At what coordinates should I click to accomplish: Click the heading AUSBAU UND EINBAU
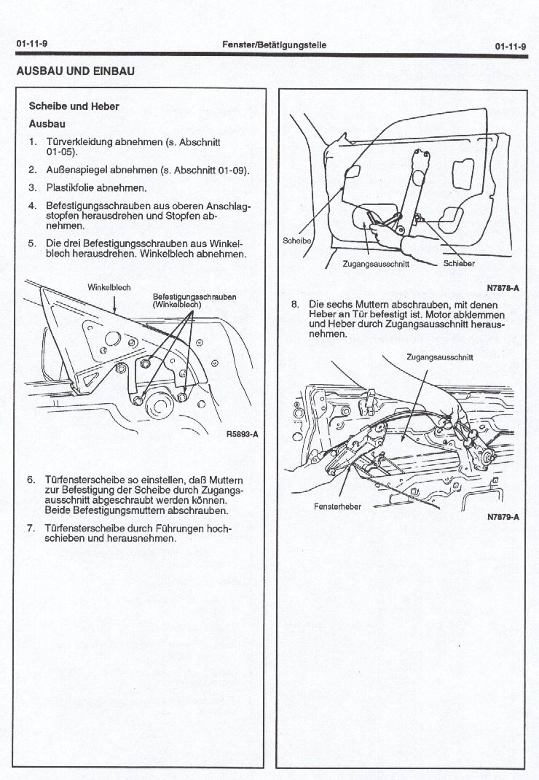(76, 71)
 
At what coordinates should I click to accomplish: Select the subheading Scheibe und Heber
(74, 106)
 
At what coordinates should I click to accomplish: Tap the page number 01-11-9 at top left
(32, 44)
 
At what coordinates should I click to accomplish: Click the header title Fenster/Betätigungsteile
(275, 44)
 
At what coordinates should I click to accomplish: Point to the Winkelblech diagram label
(109, 287)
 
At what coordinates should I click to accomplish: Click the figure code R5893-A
(242, 434)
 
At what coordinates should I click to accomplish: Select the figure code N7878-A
(503, 288)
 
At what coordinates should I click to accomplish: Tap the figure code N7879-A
(503, 517)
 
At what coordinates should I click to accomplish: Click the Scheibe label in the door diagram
(297, 241)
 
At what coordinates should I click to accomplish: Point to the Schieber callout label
(459, 264)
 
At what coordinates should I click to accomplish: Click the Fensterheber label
(338, 507)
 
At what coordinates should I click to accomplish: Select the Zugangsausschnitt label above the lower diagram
(439, 357)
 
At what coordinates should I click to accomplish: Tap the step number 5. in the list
(32, 243)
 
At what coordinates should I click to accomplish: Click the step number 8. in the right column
(295, 305)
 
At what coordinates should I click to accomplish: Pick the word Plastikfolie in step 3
(71, 188)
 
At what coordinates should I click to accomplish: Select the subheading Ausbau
(47, 124)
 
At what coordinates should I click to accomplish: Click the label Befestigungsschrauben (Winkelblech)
(194, 300)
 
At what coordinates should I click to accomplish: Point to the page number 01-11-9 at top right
(511, 47)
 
